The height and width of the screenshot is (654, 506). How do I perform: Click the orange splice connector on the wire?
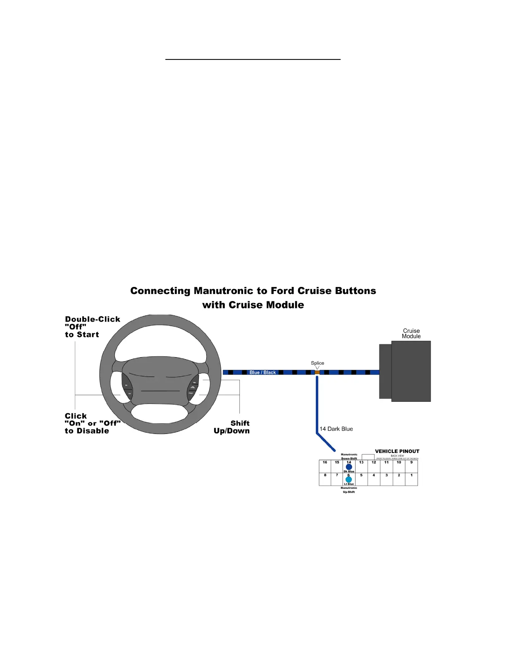(x=317, y=372)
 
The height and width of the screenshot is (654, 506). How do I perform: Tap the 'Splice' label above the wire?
(x=317, y=363)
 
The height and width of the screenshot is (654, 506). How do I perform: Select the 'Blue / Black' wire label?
(x=263, y=372)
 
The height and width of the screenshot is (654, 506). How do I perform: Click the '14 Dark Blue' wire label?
(x=336, y=429)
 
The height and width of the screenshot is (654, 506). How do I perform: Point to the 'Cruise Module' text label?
(x=411, y=334)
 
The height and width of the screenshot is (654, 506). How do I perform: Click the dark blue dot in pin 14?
(x=349, y=467)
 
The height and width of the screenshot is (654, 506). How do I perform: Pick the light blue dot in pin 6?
(x=349, y=480)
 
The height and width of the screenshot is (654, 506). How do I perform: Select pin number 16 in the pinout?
(x=325, y=462)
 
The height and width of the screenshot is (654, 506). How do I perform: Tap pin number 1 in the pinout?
(x=411, y=475)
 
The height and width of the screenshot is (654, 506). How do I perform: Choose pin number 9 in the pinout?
(x=411, y=462)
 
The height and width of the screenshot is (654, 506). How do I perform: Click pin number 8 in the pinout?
(x=325, y=475)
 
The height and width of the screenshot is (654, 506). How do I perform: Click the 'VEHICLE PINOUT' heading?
(x=397, y=451)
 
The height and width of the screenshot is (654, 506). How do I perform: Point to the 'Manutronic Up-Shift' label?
(x=349, y=490)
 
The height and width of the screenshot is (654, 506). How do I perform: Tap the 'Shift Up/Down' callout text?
(x=232, y=427)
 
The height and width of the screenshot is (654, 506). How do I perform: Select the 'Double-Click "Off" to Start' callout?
(x=92, y=327)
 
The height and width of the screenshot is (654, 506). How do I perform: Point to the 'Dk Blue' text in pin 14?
(x=349, y=472)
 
